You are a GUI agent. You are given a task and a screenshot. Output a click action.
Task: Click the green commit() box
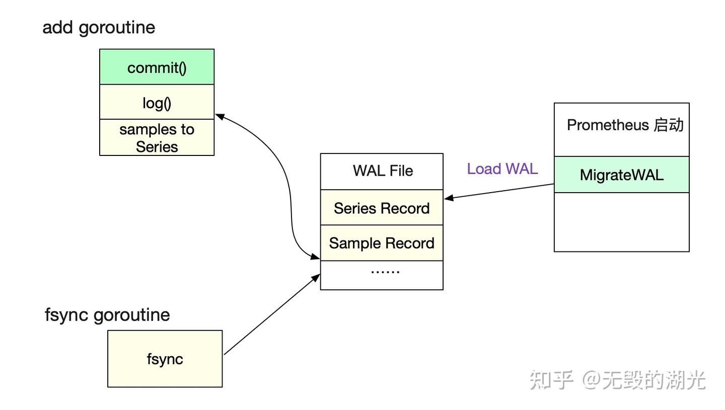tap(157, 67)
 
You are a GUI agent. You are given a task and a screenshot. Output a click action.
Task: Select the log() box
tap(157, 102)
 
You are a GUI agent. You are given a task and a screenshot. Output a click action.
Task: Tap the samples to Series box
tap(157, 137)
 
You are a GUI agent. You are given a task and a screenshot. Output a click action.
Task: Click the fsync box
tap(165, 359)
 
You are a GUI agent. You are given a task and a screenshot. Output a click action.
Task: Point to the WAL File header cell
tap(382, 172)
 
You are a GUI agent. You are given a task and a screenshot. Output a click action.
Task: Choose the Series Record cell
tap(382, 208)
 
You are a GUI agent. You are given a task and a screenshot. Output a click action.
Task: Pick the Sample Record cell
tap(382, 243)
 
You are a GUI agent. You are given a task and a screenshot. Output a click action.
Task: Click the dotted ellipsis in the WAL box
tap(385, 272)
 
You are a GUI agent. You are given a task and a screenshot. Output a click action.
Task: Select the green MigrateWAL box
tap(621, 175)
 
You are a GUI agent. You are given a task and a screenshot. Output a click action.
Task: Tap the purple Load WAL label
tap(502, 169)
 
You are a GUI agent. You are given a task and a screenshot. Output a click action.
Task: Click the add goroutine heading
tap(99, 28)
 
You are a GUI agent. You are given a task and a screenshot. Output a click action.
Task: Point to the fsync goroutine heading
tap(107, 315)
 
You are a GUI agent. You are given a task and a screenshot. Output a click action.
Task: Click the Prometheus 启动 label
tap(625, 125)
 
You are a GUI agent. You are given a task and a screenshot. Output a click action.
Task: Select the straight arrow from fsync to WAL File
tap(272, 314)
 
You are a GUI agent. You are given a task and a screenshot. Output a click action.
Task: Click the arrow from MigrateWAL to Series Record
tap(499, 192)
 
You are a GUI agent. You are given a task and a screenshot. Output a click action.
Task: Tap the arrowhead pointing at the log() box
tap(220, 116)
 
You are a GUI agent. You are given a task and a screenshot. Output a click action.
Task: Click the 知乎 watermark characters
tap(551, 380)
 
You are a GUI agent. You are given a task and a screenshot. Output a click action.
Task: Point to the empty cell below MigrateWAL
tap(621, 222)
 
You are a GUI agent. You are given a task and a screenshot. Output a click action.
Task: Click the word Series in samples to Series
tap(157, 147)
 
